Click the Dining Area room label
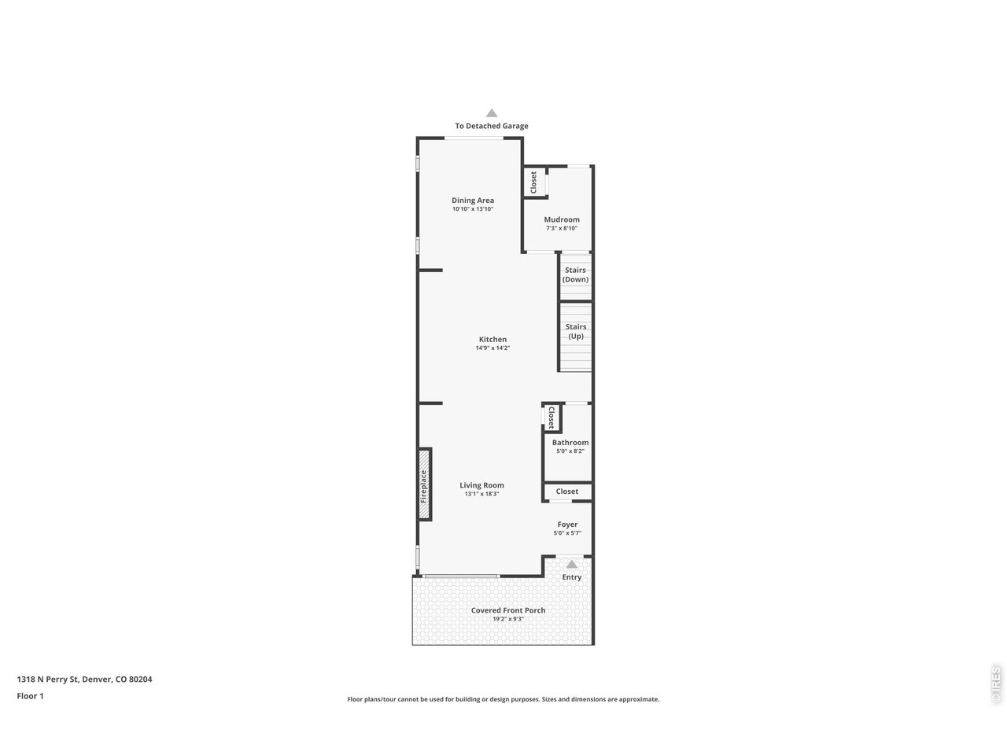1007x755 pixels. [473, 201]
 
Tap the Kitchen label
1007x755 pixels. [492, 340]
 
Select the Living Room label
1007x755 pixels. [481, 485]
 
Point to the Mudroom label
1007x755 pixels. [562, 220]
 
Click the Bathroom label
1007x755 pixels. [570, 443]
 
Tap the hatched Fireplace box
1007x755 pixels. [424, 484]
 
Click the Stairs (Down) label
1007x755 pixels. [575, 274]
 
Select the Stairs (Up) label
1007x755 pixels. [576, 331]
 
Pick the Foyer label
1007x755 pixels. [567, 525]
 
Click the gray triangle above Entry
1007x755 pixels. [572, 564]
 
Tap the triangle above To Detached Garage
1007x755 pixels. [492, 113]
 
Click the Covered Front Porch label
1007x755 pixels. [507, 610]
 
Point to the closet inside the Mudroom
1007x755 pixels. [534, 182]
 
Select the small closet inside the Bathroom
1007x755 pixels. [552, 417]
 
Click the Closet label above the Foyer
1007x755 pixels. [566, 492]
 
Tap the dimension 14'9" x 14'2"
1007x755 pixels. [492, 348]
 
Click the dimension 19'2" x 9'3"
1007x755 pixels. [507, 619]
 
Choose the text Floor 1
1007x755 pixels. [30, 696]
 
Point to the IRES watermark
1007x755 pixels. [996, 684]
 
